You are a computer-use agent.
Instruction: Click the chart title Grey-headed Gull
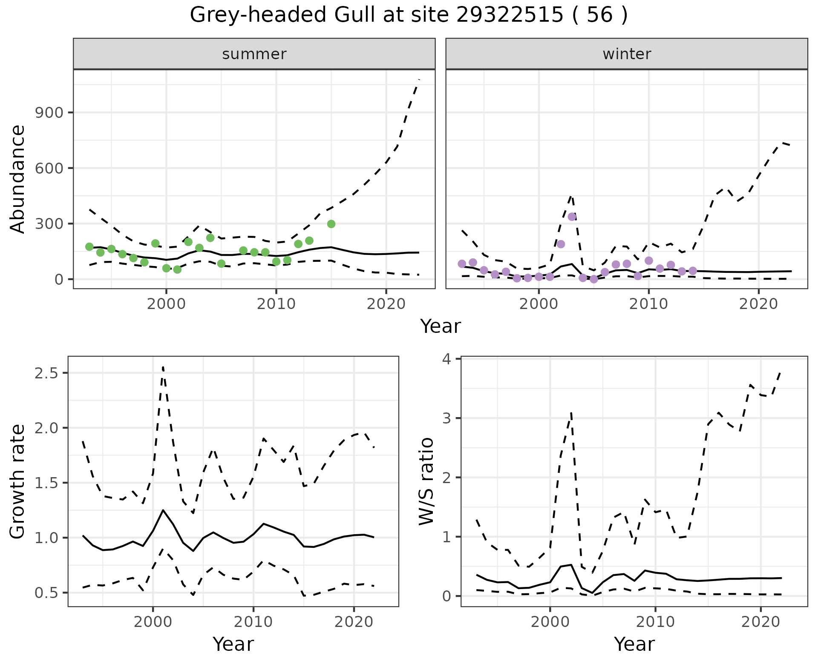pyautogui.click(x=409, y=15)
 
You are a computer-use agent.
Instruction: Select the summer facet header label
pyautogui.click(x=254, y=54)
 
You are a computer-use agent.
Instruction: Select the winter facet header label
pyautogui.click(x=627, y=54)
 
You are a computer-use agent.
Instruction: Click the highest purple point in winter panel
pyautogui.click(x=572, y=217)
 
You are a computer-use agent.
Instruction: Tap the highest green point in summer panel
pyautogui.click(x=331, y=224)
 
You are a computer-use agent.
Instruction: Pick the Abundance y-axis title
pyautogui.click(x=18, y=179)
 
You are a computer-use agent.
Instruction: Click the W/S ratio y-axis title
pyautogui.click(x=426, y=481)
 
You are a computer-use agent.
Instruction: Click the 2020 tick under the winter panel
pyautogui.click(x=758, y=304)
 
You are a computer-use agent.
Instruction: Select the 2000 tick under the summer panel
pyautogui.click(x=166, y=304)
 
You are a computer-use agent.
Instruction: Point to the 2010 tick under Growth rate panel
pyautogui.click(x=253, y=622)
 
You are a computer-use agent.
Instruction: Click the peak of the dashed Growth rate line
pyautogui.click(x=163, y=366)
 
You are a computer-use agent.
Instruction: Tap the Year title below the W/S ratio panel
pyautogui.click(x=634, y=644)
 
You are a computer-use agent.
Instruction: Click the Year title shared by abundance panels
pyautogui.click(x=441, y=326)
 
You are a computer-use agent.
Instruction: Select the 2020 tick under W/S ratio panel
pyautogui.click(x=760, y=622)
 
